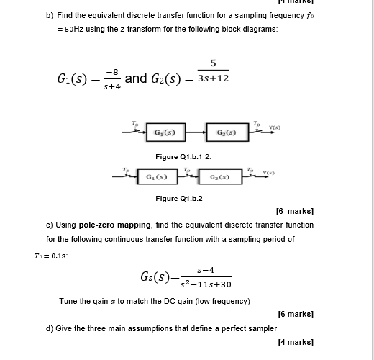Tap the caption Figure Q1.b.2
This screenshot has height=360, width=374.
[179, 198]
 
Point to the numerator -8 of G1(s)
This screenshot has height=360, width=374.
[111, 71]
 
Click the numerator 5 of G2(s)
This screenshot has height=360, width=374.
[213, 62]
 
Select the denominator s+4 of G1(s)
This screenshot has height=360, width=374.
[111, 86]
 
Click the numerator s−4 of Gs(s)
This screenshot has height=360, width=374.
[205, 270]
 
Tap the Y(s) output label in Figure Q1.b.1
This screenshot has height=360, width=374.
[275, 129]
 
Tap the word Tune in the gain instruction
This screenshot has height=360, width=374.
[69, 300]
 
